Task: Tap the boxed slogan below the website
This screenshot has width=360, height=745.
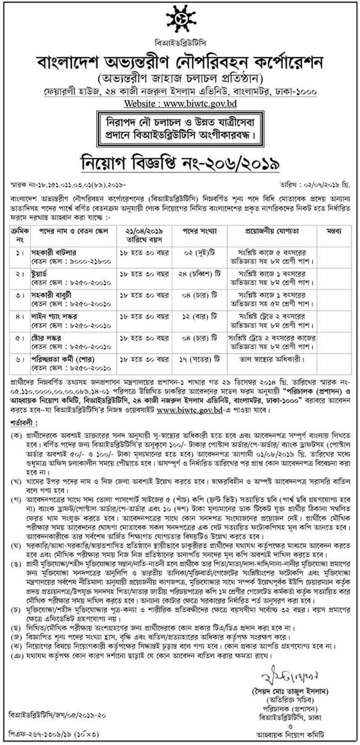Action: (180, 127)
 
